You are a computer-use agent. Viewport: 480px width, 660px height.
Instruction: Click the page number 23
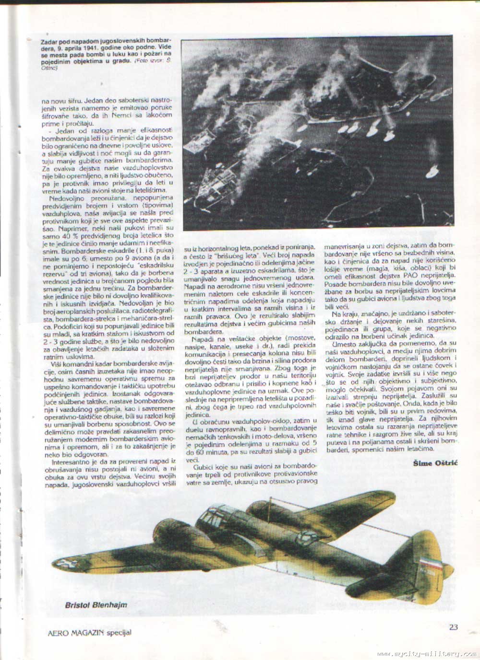tap(453, 626)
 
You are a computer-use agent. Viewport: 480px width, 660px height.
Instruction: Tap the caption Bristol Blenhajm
tap(96, 604)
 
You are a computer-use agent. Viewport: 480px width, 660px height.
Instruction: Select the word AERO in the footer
tap(56, 633)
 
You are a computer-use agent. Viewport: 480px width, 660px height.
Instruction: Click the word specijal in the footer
tap(119, 633)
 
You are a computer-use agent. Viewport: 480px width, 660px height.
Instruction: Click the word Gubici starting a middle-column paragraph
tap(203, 466)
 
